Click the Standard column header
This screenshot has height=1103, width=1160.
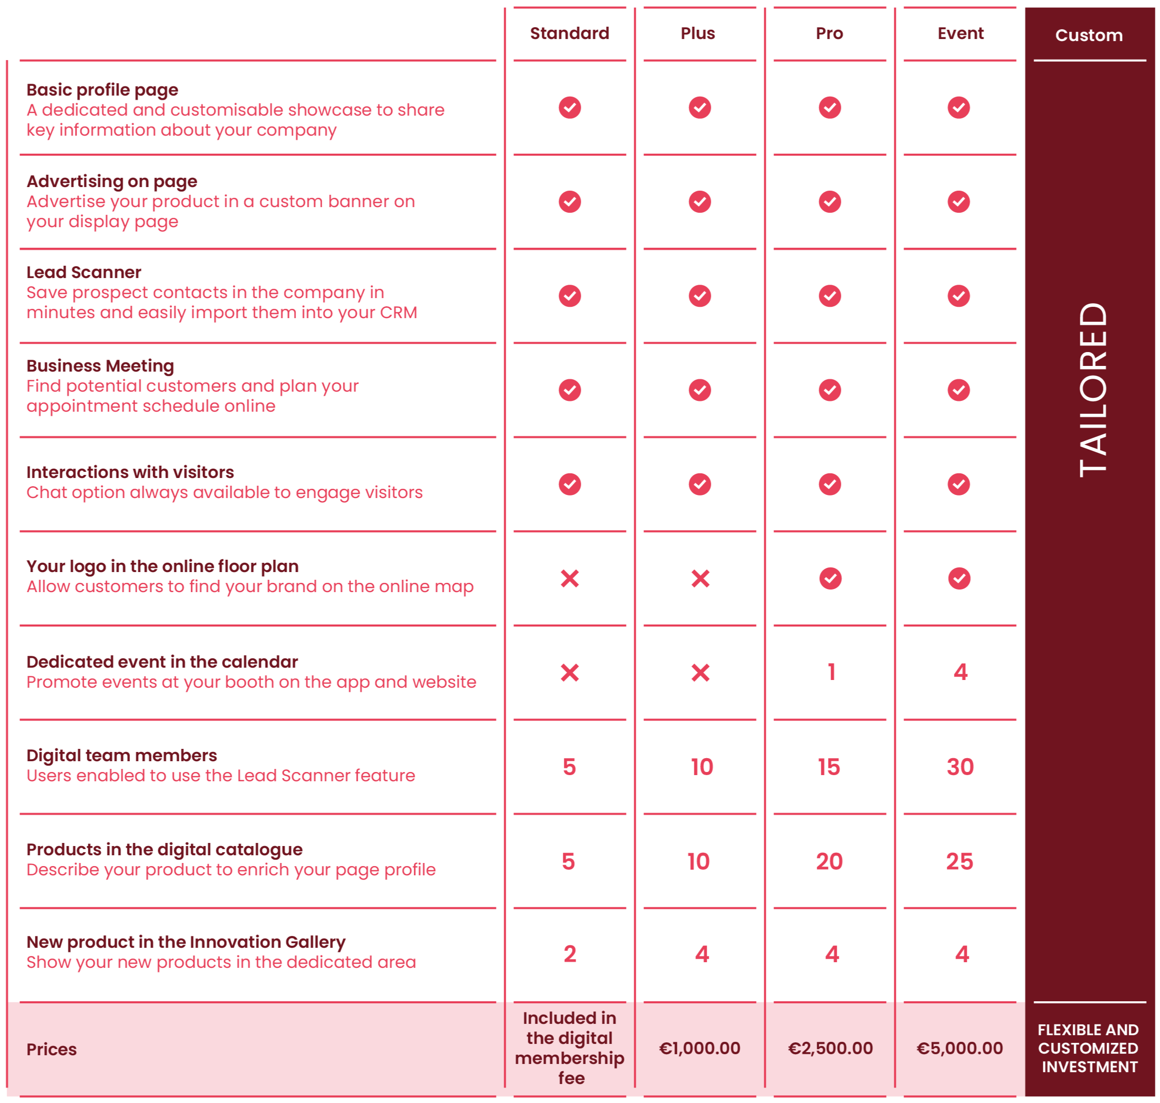point(569,33)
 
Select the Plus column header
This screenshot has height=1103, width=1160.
point(698,33)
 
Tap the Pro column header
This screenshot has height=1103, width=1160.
point(829,33)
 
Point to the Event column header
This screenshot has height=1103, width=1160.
point(960,33)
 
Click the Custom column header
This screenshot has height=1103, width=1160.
point(1089,35)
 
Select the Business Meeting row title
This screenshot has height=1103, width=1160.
point(100,366)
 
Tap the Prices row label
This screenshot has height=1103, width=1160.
point(52,1050)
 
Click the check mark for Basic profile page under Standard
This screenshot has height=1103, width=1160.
point(569,107)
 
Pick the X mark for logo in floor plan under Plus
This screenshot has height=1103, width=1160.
point(700,579)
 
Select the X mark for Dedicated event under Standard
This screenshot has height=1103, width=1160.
point(569,673)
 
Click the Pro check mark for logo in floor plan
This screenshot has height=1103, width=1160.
point(830,579)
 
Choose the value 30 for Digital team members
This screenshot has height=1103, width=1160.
point(960,767)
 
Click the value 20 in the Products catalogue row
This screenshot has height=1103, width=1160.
point(829,861)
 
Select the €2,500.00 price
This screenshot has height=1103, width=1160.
point(830,1049)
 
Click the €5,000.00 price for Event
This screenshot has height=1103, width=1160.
point(960,1049)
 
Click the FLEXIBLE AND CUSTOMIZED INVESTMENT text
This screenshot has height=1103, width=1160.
point(1089,1049)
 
